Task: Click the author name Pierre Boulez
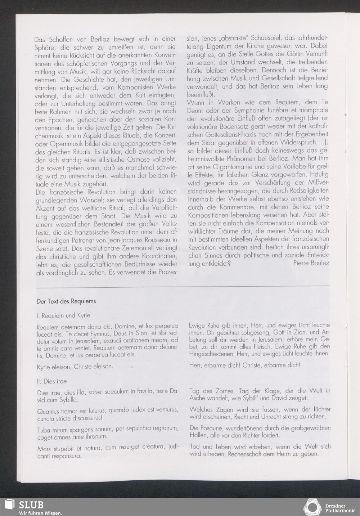point(311,263)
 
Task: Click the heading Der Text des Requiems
point(66,301)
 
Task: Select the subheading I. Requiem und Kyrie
point(63,315)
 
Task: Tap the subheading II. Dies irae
point(52,381)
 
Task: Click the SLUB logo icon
point(9,506)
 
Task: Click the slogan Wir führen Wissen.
point(41,513)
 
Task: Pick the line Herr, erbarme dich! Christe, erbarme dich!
point(245,365)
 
